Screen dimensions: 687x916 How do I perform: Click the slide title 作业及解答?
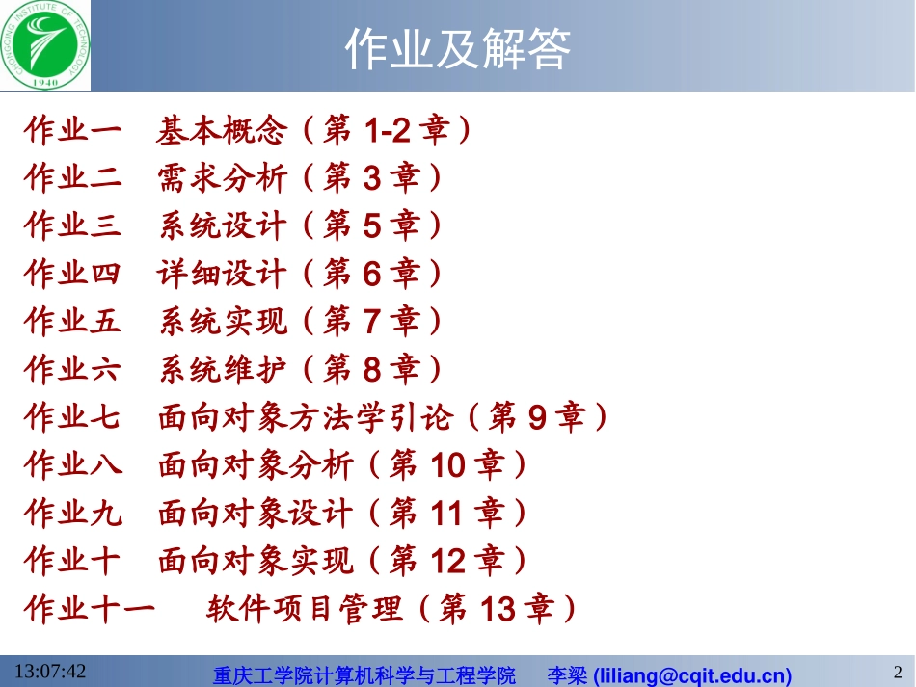[x=458, y=48]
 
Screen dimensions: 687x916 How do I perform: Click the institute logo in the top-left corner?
[x=45, y=44]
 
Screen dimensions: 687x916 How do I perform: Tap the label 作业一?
[x=73, y=130]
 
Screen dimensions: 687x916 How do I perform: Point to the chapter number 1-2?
[x=380, y=130]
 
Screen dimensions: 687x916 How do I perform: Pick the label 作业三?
[x=73, y=226]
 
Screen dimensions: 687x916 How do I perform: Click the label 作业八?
[x=73, y=466]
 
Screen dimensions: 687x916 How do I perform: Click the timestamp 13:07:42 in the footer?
[x=50, y=671]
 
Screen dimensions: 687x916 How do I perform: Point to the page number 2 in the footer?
[x=898, y=672]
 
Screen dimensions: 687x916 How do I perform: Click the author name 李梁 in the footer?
[x=567, y=674]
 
